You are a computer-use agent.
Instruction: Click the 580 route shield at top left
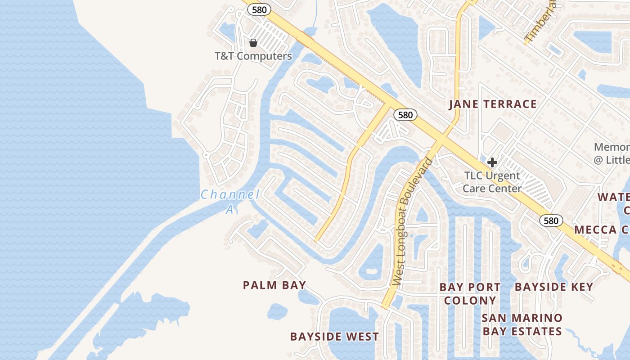259,9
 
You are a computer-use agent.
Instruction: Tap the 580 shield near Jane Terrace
405,115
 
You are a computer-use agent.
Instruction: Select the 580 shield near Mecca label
551,220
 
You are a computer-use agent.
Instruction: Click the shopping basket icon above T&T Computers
253,43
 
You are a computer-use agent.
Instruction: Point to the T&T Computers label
253,56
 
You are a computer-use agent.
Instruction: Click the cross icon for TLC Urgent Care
492,162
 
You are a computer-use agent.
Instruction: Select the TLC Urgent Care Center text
492,182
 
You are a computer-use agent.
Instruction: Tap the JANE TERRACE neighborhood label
493,104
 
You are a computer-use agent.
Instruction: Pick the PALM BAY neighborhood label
274,285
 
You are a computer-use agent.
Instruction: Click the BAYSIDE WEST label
334,337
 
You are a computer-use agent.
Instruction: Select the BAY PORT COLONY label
470,293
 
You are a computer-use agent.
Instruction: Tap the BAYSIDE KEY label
554,287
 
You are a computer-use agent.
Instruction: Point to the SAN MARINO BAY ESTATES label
522,324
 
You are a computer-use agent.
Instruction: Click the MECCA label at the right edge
602,229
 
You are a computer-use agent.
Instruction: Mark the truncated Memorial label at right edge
612,153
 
